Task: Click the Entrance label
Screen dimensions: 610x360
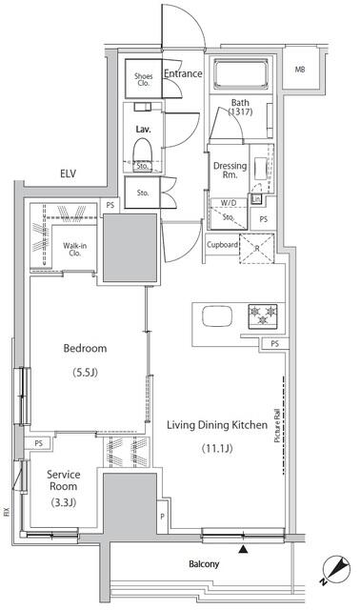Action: pyautogui.click(x=182, y=73)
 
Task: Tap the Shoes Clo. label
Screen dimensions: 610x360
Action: pyautogui.click(x=144, y=80)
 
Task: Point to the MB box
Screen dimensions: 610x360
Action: pyautogui.click(x=299, y=70)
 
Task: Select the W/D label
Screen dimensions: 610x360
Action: pyautogui.click(x=230, y=203)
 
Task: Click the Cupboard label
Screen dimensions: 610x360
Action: pyautogui.click(x=223, y=245)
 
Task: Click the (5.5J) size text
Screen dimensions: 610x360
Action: pyautogui.click(x=85, y=373)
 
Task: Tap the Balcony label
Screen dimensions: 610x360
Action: pyautogui.click(x=203, y=564)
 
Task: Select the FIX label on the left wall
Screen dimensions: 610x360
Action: pyautogui.click(x=6, y=512)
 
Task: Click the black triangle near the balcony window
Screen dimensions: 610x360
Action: pyautogui.click(x=245, y=548)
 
